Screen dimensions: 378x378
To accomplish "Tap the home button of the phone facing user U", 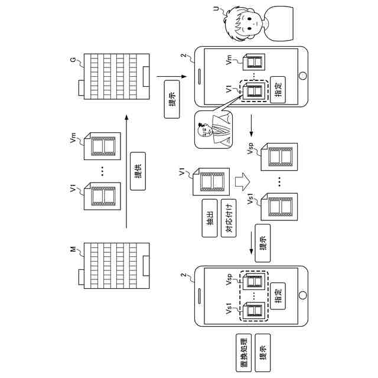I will click(304, 77).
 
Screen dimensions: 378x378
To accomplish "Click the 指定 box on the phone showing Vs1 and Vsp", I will click(279, 294).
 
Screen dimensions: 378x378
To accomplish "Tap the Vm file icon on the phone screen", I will click(256, 63).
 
